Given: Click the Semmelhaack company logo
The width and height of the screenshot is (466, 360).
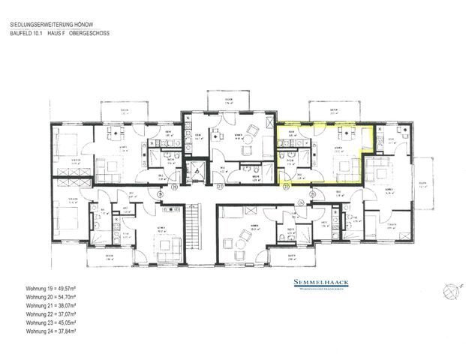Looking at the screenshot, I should point(318,283).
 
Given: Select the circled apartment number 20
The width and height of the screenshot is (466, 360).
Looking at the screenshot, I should point(175,187).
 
